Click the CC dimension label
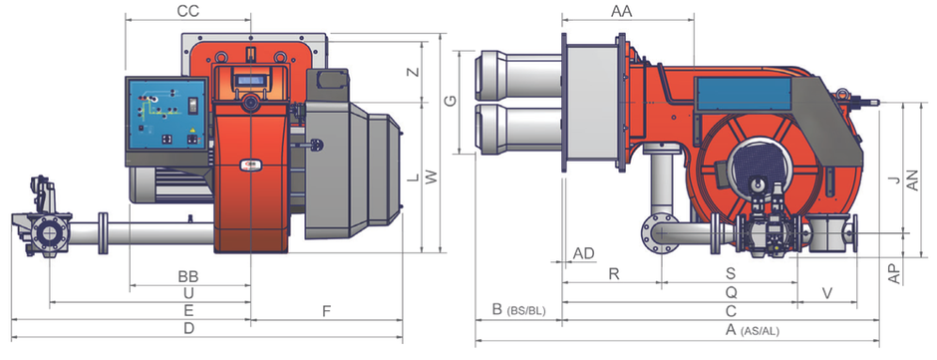click(x=188, y=11)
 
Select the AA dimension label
click(x=621, y=11)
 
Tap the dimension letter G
click(x=452, y=101)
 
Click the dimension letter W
click(x=432, y=178)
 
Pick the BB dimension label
click(x=188, y=277)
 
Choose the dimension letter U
click(x=188, y=293)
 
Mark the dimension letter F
click(x=326, y=311)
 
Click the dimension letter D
click(x=188, y=328)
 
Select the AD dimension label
click(x=584, y=253)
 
